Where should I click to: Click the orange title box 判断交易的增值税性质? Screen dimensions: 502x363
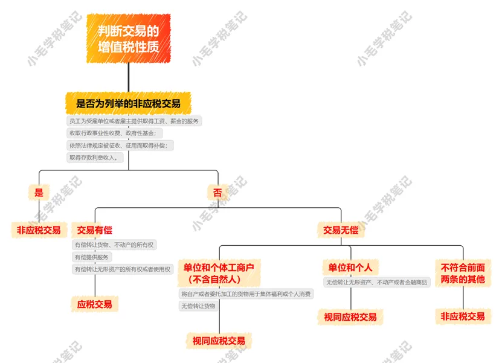128,38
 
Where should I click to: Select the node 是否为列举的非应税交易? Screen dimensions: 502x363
128,103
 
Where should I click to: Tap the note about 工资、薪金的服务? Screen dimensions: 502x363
134,121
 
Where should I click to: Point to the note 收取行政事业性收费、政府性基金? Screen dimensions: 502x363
114,133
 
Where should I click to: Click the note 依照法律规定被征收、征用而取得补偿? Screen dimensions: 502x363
121,146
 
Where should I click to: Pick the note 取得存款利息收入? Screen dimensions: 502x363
96,158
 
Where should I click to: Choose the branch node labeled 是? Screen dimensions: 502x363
39,193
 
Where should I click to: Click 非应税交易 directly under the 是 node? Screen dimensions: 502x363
39,230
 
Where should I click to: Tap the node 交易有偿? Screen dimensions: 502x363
94,230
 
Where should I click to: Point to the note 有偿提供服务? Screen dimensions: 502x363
92,257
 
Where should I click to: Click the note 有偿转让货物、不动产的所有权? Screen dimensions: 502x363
114,245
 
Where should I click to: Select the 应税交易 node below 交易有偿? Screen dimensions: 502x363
94,304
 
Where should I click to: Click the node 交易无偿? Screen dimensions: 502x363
341,230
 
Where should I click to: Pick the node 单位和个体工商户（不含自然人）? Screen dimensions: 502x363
219,273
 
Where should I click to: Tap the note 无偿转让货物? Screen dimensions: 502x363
198,306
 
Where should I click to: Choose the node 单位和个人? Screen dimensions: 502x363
350,267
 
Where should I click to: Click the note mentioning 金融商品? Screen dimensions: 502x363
377,282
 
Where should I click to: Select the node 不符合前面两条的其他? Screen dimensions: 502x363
463,273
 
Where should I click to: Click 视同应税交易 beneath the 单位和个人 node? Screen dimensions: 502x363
350,316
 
